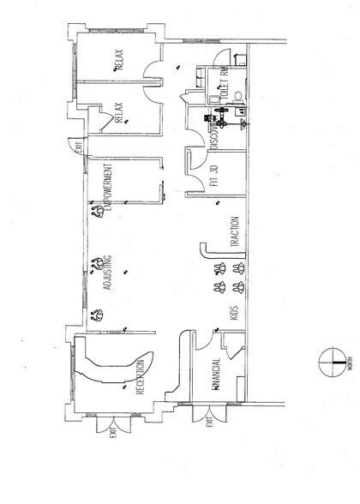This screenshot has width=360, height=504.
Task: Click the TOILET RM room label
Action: [x=224, y=86]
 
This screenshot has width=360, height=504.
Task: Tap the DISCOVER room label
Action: [x=214, y=135]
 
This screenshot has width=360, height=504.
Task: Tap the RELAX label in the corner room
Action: [x=119, y=60]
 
